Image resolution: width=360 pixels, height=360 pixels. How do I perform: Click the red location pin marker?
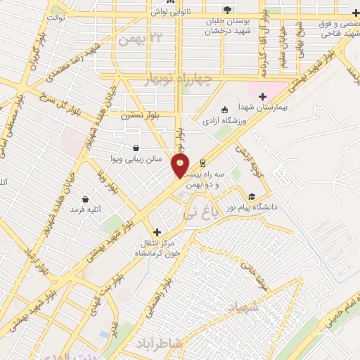180,166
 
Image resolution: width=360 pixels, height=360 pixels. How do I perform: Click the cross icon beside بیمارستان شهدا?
263,96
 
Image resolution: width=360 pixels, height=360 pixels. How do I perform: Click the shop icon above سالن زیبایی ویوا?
136,148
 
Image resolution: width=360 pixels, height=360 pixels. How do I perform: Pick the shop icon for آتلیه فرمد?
86,199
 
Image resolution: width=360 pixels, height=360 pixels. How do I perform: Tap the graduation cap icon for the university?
251,196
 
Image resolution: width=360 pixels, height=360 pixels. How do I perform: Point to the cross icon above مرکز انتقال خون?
157,231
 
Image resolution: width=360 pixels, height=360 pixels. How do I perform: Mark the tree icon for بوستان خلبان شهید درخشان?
226,8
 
